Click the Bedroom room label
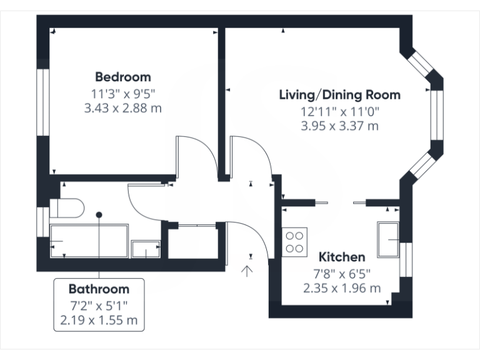[x=122, y=77]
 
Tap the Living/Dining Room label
[x=339, y=95]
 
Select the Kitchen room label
[x=342, y=257]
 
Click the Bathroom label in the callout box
[x=99, y=289]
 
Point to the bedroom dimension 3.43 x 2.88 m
[x=122, y=107]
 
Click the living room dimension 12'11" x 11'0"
[x=339, y=112]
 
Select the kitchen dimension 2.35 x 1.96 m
[x=342, y=288]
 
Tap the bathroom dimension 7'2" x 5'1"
[x=99, y=306]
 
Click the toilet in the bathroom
[x=67, y=207]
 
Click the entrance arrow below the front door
[x=247, y=271]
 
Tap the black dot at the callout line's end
[x=99, y=214]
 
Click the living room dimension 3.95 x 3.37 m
[x=339, y=126]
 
